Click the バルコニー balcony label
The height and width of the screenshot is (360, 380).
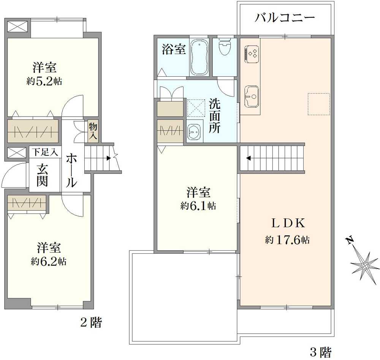(x=285, y=18)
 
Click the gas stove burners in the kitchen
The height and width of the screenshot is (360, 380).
(x=252, y=53)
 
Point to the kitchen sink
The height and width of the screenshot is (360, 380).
(x=251, y=96)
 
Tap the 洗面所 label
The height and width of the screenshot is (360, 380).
(x=215, y=116)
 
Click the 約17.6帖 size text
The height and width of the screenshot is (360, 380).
(x=287, y=240)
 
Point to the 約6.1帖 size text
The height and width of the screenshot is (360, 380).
(x=198, y=206)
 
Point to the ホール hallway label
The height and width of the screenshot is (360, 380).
(x=71, y=171)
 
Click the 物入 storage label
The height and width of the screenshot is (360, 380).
(x=93, y=131)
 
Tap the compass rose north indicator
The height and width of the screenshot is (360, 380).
(x=364, y=264)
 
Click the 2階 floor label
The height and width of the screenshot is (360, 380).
(x=91, y=323)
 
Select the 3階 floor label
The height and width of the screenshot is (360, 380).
(x=321, y=352)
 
